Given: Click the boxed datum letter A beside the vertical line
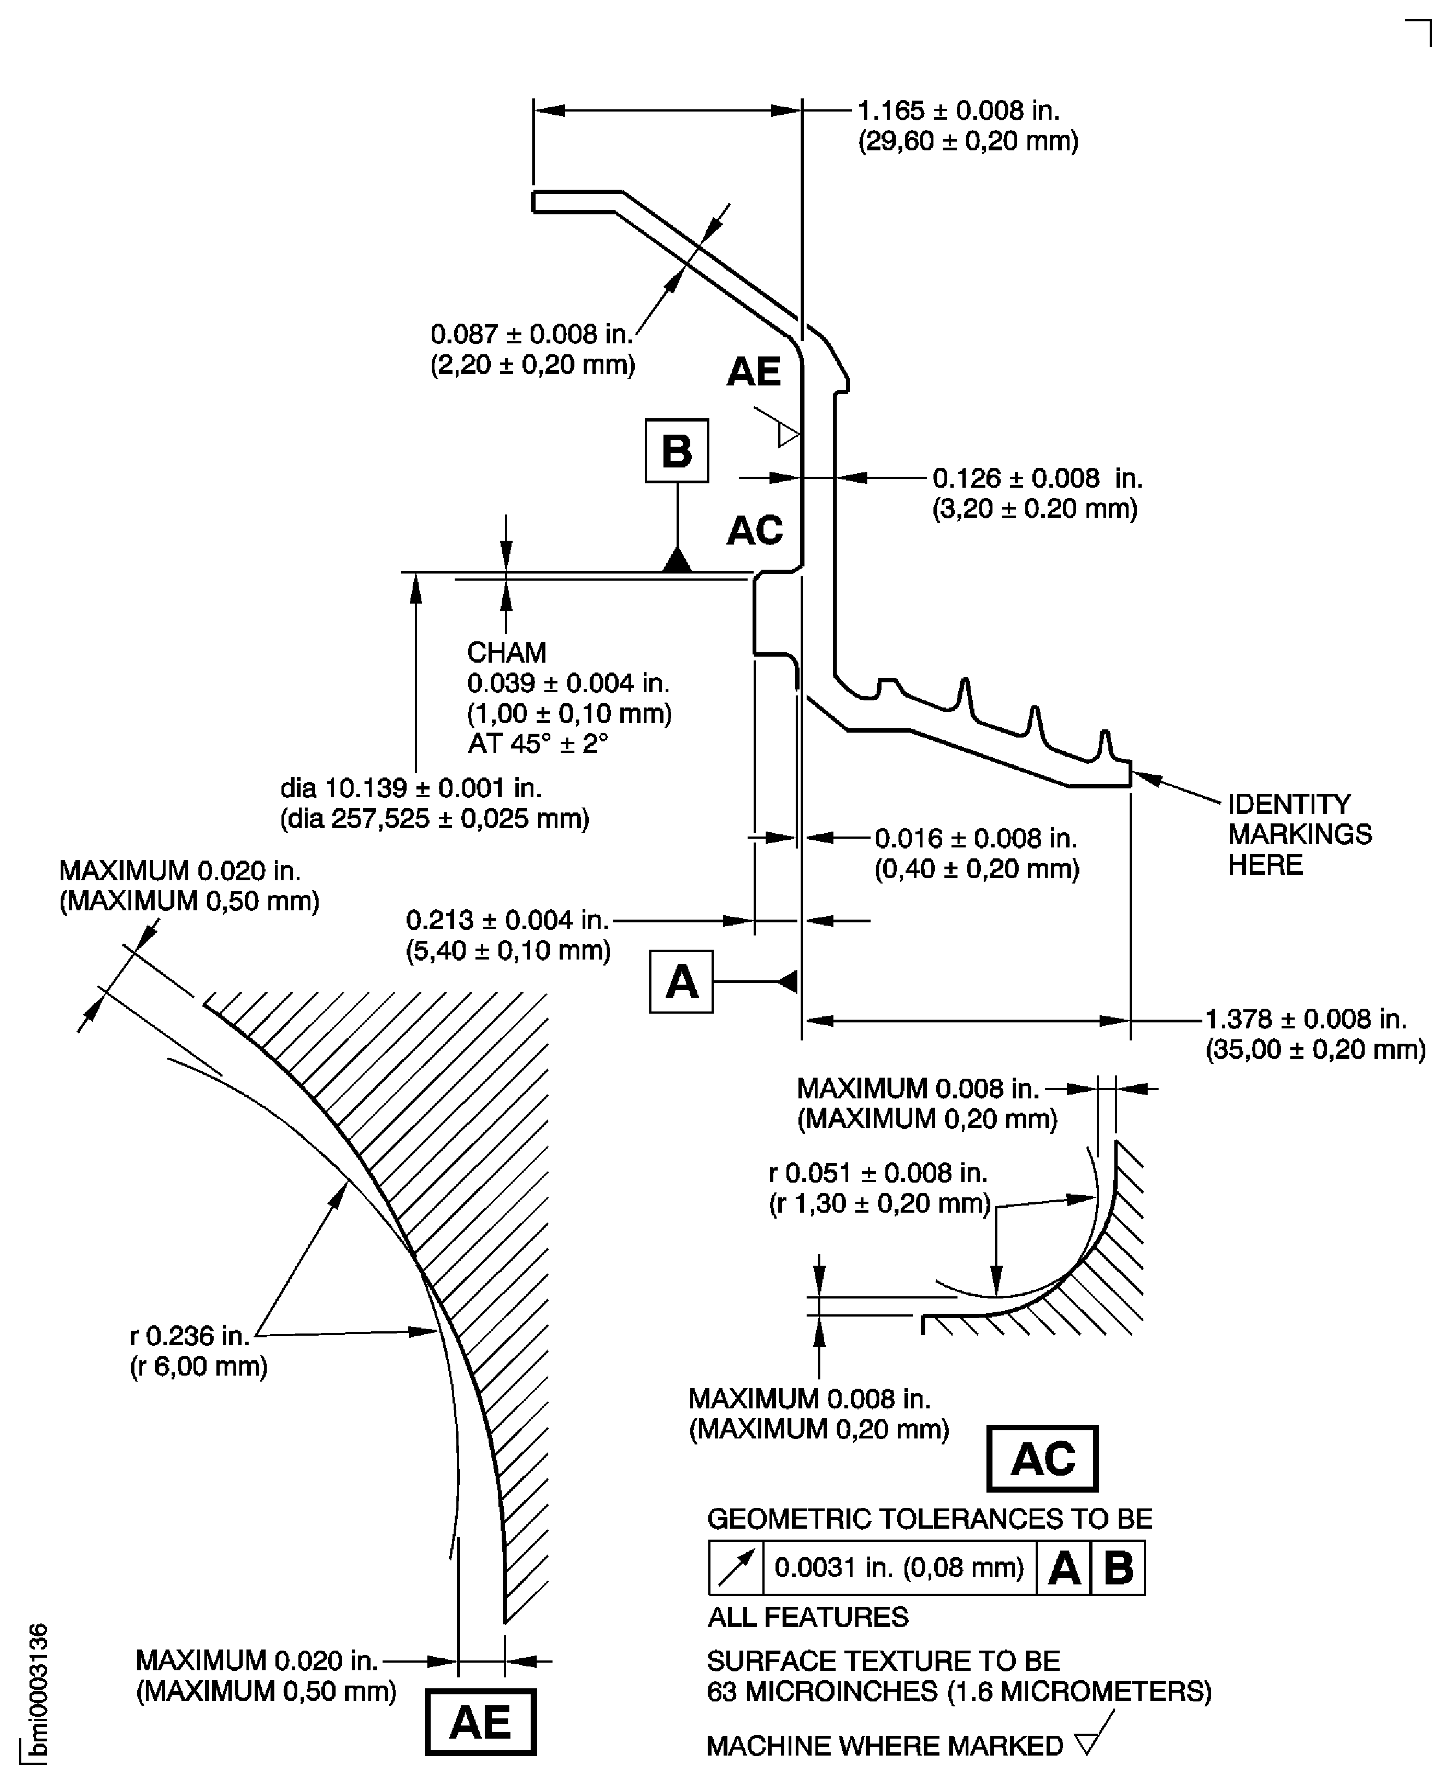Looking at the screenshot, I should point(681,981).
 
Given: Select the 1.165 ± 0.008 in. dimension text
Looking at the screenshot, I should point(959,111).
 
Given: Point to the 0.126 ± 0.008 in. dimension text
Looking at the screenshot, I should point(1036,478).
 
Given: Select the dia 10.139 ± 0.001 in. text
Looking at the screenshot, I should point(411,787).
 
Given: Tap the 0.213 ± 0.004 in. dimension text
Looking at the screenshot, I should point(507,920).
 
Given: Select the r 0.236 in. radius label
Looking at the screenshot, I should point(190,1336).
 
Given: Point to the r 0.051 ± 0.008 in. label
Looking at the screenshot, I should point(878,1173).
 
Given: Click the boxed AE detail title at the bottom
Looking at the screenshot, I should point(480,1722).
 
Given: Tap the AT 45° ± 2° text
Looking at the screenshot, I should point(537,743).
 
